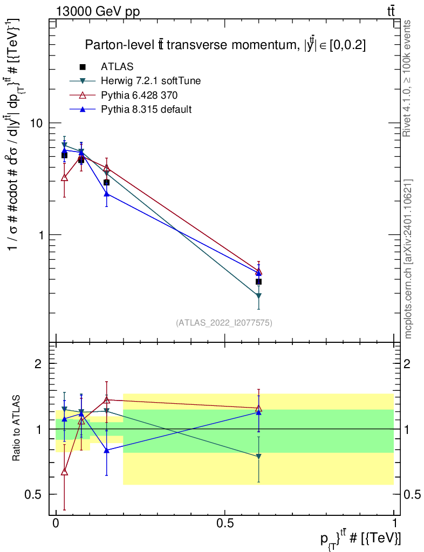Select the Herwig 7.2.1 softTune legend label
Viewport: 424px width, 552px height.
pyautogui.click(x=151, y=81)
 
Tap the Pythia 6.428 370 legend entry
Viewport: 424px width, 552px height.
pyautogui.click(x=139, y=95)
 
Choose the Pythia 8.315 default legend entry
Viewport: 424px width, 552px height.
pyautogui.click(x=146, y=109)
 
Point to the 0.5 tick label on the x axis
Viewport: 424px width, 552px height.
pyautogui.click(x=225, y=523)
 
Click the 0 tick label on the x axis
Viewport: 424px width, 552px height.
pyautogui.click(x=56, y=523)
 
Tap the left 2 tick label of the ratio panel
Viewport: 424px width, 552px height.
pyautogui.click(x=38, y=364)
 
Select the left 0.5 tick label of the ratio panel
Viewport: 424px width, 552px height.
pyautogui.click(x=33, y=494)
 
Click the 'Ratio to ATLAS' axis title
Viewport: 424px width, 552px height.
pyautogui.click(x=17, y=429)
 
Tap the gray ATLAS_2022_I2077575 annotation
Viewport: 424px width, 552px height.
pyautogui.click(x=224, y=323)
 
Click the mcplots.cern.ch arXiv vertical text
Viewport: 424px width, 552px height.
pyautogui.click(x=408, y=259)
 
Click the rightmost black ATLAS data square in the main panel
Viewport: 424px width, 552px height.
pyautogui.click(x=259, y=281)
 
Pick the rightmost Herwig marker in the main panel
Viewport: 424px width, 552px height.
pyautogui.click(x=259, y=296)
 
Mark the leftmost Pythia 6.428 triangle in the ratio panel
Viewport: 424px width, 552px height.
pyautogui.click(x=65, y=472)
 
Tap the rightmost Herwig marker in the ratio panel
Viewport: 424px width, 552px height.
pyautogui.click(x=259, y=457)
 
